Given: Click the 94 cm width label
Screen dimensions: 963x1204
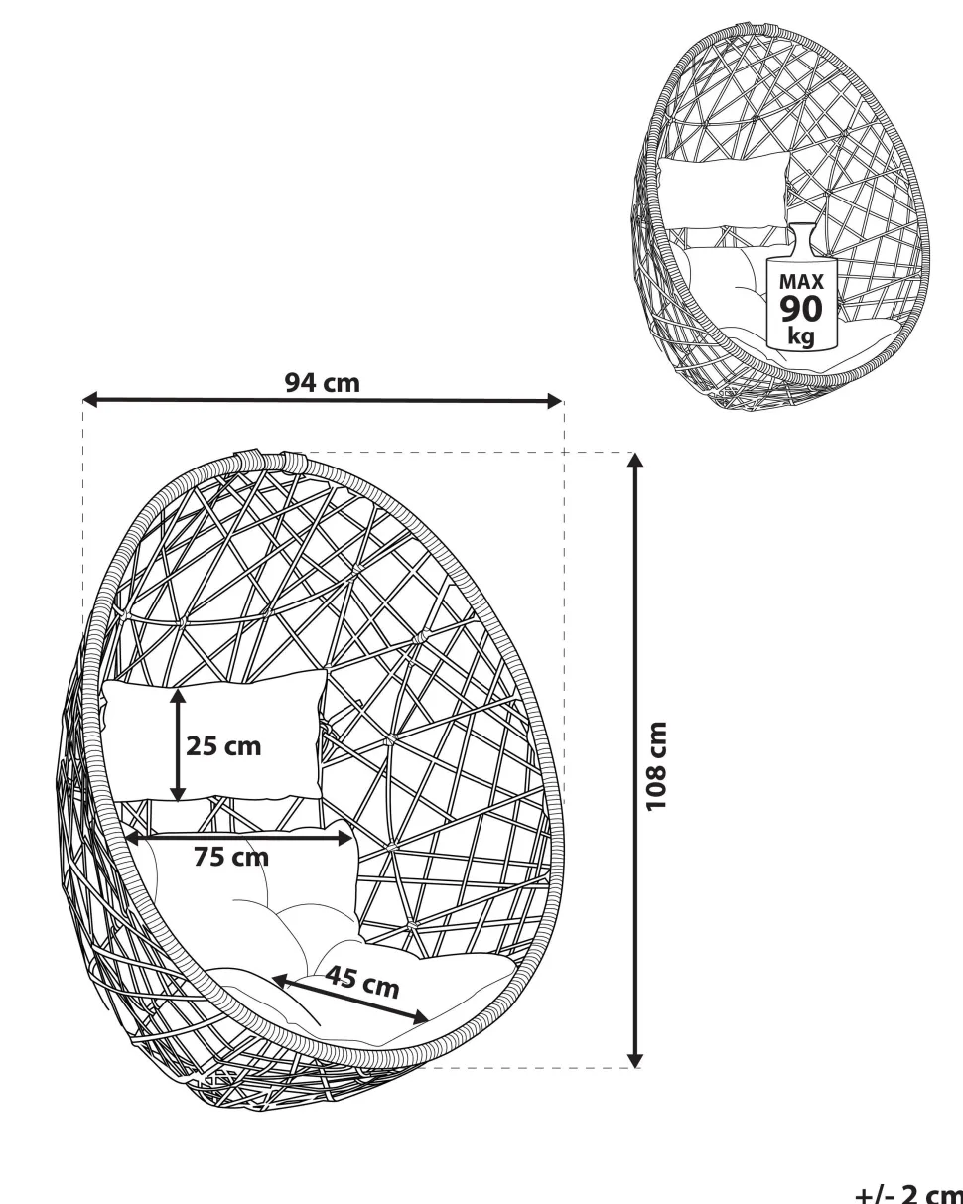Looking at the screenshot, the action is tap(323, 383).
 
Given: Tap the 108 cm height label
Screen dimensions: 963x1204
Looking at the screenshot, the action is tap(656, 766).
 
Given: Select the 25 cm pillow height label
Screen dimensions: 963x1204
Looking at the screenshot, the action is tap(223, 746).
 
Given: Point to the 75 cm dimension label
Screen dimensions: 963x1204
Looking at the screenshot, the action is tap(231, 857).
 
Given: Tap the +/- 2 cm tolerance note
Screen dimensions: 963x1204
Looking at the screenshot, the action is tap(909, 1193).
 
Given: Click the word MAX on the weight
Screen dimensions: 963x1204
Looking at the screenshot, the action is tap(802, 282).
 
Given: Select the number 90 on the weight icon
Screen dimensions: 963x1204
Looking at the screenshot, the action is tap(802, 309).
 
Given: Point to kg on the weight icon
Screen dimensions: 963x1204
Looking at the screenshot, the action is tap(802, 336).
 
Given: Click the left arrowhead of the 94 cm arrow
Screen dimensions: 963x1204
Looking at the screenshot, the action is tap(90, 400).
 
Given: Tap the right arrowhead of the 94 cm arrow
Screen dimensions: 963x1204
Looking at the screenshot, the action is tap(554, 401).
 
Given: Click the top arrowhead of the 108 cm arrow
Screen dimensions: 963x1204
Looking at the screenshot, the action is tap(635, 460).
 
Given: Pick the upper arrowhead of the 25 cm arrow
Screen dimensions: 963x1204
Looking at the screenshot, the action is tap(178, 697).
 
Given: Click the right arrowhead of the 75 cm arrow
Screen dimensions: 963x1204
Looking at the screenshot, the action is tap(345, 838).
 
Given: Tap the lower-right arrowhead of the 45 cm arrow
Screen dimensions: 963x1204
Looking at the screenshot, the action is tap(420, 1016).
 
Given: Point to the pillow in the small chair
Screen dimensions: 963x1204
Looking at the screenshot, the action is tap(723, 192).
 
